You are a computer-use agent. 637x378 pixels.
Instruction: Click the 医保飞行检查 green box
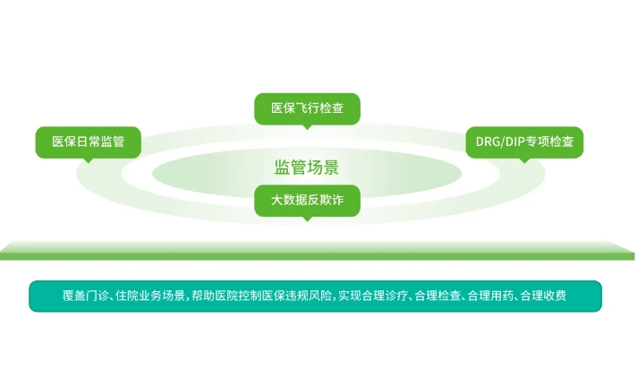307,108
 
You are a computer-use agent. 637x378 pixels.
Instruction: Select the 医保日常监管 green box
89,142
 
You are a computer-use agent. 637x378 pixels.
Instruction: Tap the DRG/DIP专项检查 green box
524,142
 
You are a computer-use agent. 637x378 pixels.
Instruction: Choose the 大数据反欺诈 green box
307,201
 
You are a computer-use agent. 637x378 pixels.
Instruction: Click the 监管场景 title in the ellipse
306,168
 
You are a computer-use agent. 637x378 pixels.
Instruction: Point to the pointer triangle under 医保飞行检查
307,127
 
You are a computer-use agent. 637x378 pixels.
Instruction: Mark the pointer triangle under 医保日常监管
89,160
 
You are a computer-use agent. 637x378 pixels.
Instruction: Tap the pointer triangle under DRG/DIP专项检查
524,160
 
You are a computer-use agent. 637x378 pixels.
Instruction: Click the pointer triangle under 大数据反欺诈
307,219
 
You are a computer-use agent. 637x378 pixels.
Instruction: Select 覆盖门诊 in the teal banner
85,296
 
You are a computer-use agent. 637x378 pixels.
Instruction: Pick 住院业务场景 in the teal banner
150,296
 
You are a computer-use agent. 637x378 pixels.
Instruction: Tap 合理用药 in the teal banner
491,296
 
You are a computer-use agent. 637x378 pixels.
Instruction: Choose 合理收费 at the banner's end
544,296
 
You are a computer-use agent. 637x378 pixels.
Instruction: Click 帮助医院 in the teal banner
215,296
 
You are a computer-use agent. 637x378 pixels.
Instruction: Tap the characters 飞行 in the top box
307,108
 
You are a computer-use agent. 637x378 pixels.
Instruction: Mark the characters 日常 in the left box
89,142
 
